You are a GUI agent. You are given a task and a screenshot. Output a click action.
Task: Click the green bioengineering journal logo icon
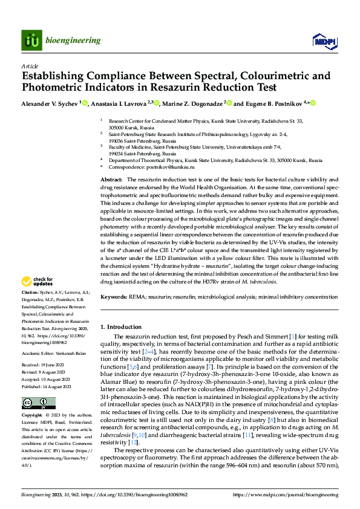point(31,40)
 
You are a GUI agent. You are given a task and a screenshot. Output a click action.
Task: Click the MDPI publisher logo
point(322,41)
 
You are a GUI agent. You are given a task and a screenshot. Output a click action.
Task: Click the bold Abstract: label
point(111,180)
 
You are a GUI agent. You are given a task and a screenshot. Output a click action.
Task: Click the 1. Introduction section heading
point(120,326)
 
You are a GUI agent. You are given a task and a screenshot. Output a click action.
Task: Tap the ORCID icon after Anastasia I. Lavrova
point(157,103)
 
